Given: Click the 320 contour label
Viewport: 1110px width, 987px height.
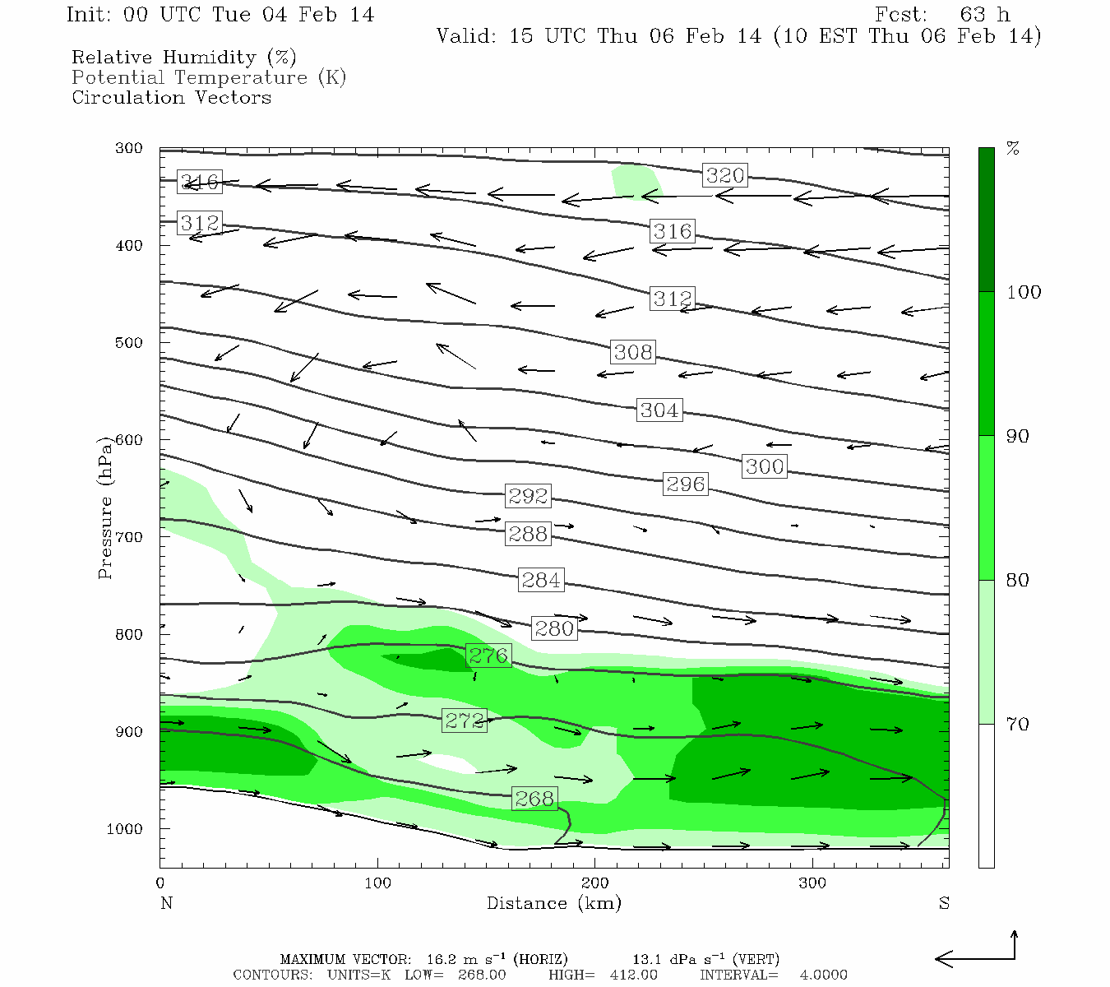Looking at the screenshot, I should pyautogui.click(x=725, y=175).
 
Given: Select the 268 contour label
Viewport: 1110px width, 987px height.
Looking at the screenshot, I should pyautogui.click(x=534, y=799).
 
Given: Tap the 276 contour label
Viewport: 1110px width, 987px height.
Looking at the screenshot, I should pyautogui.click(x=488, y=656).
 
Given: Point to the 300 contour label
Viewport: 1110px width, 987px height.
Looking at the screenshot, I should pyautogui.click(x=765, y=466).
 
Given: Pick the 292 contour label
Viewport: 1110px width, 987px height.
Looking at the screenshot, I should pyautogui.click(x=528, y=496).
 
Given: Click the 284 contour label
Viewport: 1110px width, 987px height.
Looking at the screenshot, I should pyautogui.click(x=541, y=580).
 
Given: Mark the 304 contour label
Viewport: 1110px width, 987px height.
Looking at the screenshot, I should pyautogui.click(x=659, y=410).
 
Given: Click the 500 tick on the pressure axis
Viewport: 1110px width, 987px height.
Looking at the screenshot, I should pyautogui.click(x=128, y=343).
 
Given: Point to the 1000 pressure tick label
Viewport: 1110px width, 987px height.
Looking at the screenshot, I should pyautogui.click(x=125, y=829).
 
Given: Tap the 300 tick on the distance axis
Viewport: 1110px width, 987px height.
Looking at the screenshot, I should pyautogui.click(x=812, y=883).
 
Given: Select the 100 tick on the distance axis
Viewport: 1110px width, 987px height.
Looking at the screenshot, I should pyautogui.click(x=378, y=883).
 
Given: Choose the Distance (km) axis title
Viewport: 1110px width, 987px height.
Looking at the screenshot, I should pyautogui.click(x=553, y=903).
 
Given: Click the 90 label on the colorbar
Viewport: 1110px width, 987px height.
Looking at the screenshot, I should pyautogui.click(x=1018, y=437).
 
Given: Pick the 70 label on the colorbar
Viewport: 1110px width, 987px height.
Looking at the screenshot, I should pyautogui.click(x=1018, y=725).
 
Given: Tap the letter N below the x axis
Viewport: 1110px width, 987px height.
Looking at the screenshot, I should pyautogui.click(x=166, y=903).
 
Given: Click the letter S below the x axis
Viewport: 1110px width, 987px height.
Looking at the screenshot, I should pyautogui.click(x=944, y=903).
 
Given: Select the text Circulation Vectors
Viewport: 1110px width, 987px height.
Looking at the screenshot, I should pyautogui.click(x=171, y=97).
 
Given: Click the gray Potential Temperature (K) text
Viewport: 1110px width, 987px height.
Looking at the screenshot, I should pyautogui.click(x=209, y=77).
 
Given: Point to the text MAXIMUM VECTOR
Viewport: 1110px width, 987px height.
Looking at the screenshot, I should pyautogui.click(x=345, y=959).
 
